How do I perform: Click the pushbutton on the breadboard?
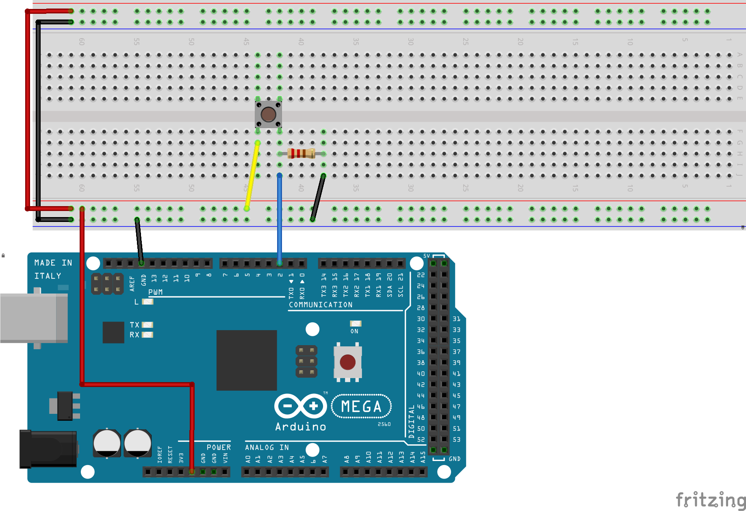pyautogui.click(x=268, y=114)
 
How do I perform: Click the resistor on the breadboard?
pyautogui.click(x=301, y=153)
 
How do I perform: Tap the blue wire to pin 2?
pyautogui.click(x=280, y=220)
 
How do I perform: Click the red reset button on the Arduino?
pyautogui.click(x=347, y=362)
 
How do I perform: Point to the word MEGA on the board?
pyautogui.click(x=361, y=406)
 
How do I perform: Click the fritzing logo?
pyautogui.click(x=710, y=500)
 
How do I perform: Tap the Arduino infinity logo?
pyautogui.click(x=301, y=406)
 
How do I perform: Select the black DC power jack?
pyautogui.click(x=48, y=449)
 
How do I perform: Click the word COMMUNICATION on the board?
pyautogui.click(x=321, y=304)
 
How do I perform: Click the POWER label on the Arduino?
pyautogui.click(x=219, y=447)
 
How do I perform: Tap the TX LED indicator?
pyautogui.click(x=147, y=325)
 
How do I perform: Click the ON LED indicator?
pyautogui.click(x=356, y=324)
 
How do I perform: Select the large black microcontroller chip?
pyautogui.click(x=247, y=360)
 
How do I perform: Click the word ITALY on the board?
pyautogui.click(x=48, y=276)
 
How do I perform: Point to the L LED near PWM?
pyautogui.click(x=147, y=302)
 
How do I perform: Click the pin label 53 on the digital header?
pyautogui.click(x=457, y=439)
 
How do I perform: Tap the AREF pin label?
pyautogui.click(x=132, y=283)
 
